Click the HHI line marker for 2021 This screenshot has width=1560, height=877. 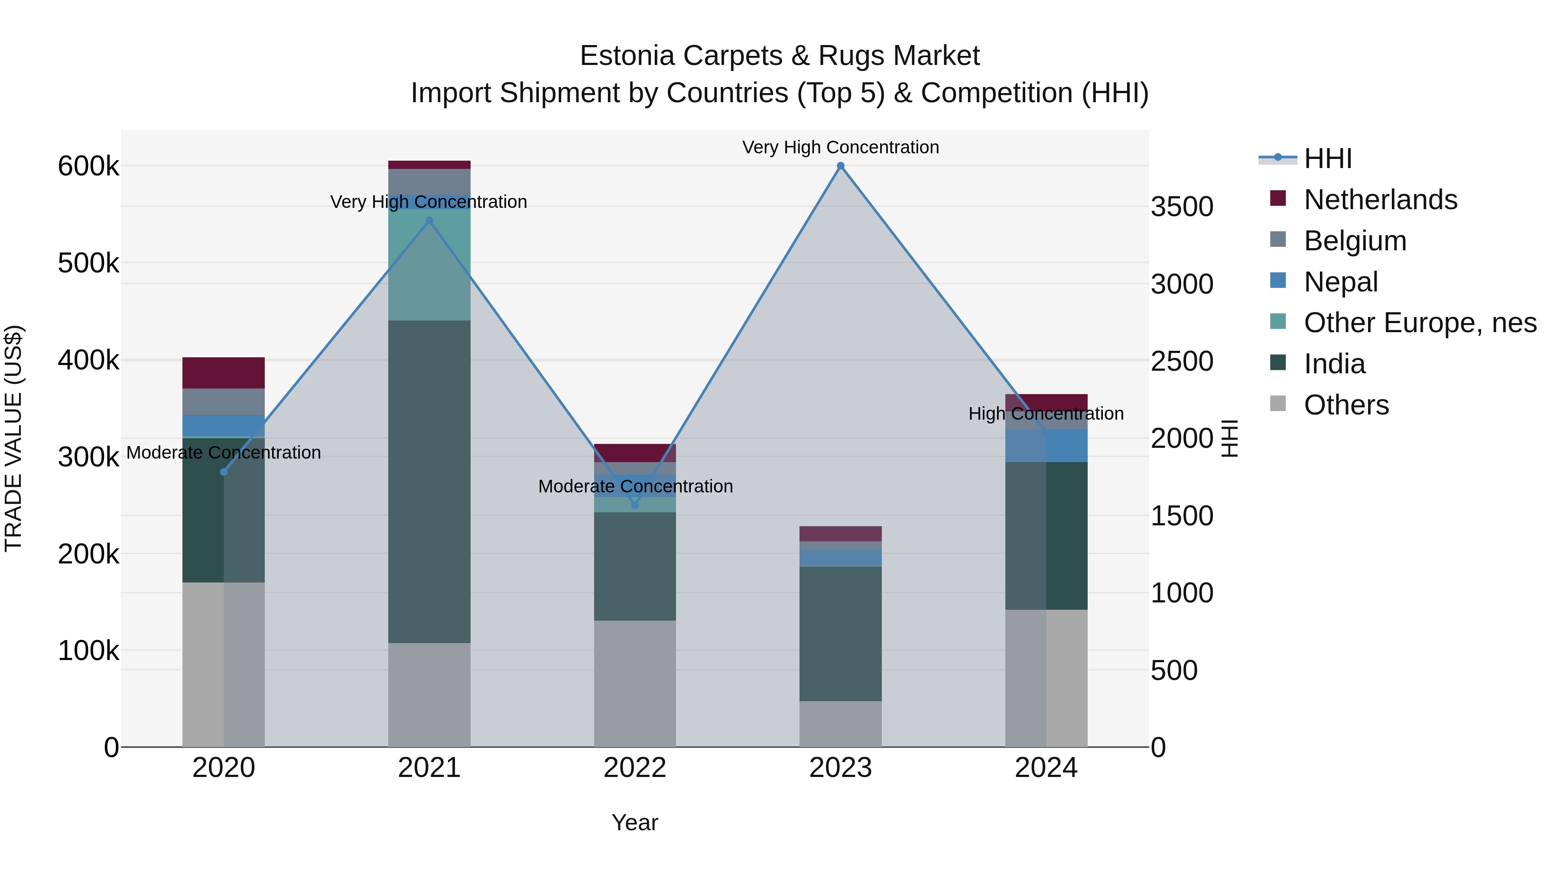coord(429,221)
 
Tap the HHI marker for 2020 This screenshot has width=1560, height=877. coord(224,472)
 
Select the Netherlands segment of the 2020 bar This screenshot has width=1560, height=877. coord(224,373)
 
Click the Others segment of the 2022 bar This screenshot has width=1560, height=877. coord(635,683)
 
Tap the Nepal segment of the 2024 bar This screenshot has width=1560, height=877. coord(1046,446)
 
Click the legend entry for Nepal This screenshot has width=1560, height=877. coord(1340,282)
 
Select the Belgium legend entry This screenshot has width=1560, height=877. coord(1355,241)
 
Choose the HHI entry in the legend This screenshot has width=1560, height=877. coord(1327,159)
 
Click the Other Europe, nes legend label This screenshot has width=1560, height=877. coord(1420,323)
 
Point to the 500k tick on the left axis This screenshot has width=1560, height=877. coord(88,263)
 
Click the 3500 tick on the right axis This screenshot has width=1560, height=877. coord(1182,207)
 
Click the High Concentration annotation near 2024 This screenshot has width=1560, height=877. coord(1046,414)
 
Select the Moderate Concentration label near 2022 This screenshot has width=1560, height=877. coord(635,487)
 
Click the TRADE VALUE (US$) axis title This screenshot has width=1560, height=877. coord(13,438)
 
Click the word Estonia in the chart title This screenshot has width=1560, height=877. coord(627,56)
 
